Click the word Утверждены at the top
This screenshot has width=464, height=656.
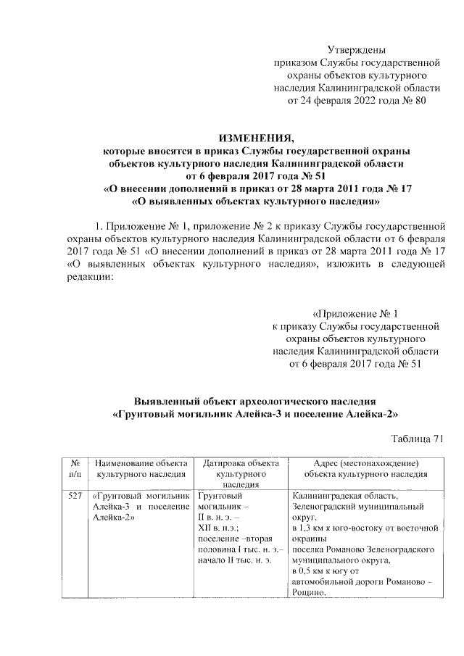pyautogui.click(x=355, y=49)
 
